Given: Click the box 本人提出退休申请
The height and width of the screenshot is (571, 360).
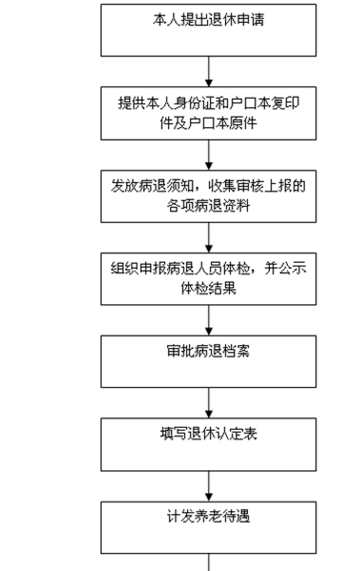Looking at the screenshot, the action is point(209,30).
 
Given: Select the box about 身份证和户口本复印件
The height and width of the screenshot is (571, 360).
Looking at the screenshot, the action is point(209,113).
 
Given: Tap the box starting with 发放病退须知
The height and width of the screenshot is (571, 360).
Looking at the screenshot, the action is point(209,196).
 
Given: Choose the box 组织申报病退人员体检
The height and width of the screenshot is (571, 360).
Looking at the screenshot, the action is point(209,279).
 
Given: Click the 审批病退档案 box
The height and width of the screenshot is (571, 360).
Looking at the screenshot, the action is point(209,361).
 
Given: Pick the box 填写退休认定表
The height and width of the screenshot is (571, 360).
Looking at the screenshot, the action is point(209,444).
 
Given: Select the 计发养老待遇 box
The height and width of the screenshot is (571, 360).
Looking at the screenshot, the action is point(209,527).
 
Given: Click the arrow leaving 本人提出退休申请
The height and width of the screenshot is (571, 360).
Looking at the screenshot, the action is point(209,71).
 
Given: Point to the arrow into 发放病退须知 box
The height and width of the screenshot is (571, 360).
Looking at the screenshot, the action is point(209,155).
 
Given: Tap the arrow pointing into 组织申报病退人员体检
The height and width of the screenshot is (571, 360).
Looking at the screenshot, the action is point(209,238).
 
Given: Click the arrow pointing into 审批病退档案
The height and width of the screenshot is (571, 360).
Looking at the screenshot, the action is point(209,320).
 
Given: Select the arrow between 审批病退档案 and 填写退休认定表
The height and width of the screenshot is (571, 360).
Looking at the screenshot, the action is point(209,403).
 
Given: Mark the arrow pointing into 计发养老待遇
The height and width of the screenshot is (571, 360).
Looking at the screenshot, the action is point(209,486).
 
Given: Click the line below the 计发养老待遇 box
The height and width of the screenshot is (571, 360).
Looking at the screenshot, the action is point(209,562).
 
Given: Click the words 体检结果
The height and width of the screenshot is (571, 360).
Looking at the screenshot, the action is point(209,288).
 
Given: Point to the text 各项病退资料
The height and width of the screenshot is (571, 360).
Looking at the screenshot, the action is point(209,206).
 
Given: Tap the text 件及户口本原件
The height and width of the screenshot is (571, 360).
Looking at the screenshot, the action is point(209,123).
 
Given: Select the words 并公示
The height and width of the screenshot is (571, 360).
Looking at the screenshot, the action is point(285,268).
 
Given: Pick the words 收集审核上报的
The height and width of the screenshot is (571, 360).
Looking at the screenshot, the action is point(257,186).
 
